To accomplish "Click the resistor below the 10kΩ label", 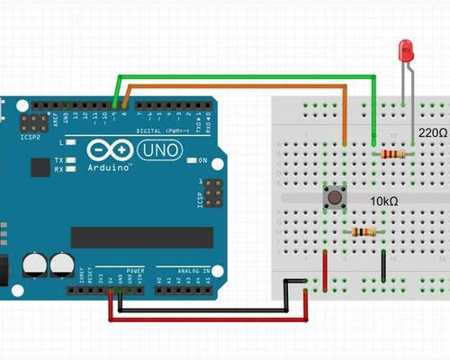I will pyautogui.click(x=364, y=232).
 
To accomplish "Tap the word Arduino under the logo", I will pyautogui.click(x=112, y=168).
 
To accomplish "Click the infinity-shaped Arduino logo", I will pyautogui.click(x=108, y=149).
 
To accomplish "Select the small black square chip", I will pyautogui.click(x=40, y=167).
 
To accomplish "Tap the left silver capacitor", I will pyautogui.click(x=34, y=264).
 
